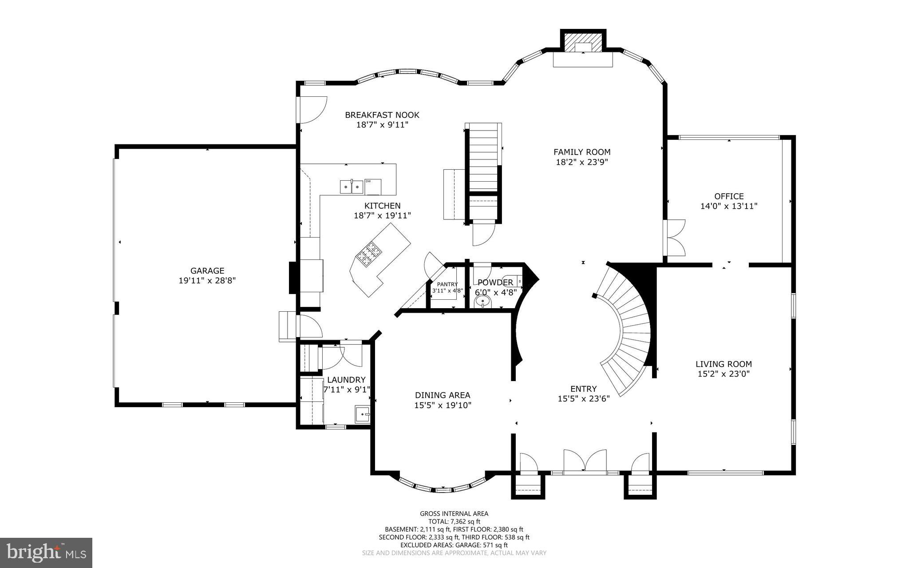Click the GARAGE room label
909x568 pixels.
[x=207, y=270]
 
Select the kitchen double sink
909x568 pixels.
[x=352, y=187]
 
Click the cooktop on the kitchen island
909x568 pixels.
[x=369, y=254]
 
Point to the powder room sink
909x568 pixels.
[x=482, y=302]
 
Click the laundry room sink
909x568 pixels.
[x=363, y=414]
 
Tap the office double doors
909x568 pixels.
[x=676, y=238]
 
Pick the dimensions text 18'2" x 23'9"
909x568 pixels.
[x=581, y=162]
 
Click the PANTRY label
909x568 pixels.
[x=447, y=284]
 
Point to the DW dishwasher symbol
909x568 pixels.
[x=373, y=186]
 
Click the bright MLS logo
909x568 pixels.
[x=46, y=552]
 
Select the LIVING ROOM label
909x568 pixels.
[x=723, y=364]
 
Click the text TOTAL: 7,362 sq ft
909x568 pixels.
[x=454, y=521]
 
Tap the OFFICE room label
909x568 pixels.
[x=729, y=196]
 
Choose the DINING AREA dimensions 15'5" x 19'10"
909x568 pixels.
[x=443, y=405]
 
